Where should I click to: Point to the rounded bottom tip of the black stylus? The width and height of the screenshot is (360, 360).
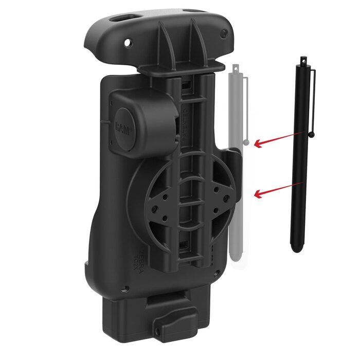295,249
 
